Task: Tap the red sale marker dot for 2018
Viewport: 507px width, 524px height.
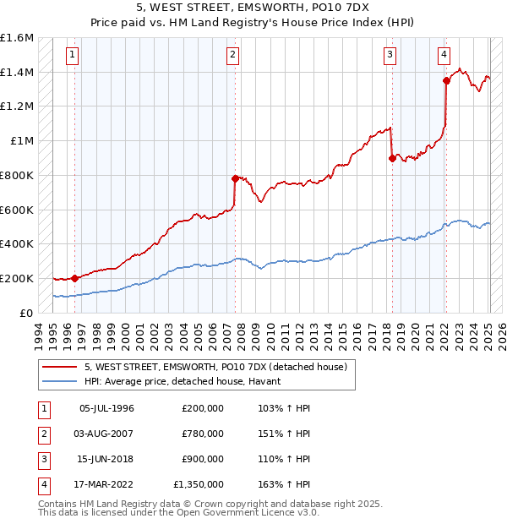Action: (x=391, y=157)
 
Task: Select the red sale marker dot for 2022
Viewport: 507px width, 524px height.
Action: (x=446, y=80)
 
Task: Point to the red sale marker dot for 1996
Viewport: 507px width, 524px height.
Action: (x=74, y=278)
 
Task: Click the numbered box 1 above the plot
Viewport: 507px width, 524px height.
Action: (x=74, y=57)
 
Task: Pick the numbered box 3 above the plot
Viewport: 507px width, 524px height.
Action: (x=390, y=57)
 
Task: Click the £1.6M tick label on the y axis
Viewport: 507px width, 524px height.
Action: (x=16, y=38)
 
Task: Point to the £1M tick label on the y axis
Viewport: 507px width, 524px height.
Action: (x=21, y=141)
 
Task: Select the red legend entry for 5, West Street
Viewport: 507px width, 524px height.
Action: (x=215, y=367)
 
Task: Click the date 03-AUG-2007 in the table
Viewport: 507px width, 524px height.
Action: (x=106, y=434)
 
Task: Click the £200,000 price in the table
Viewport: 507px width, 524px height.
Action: (x=203, y=408)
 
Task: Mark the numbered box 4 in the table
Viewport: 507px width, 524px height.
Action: (x=43, y=484)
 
